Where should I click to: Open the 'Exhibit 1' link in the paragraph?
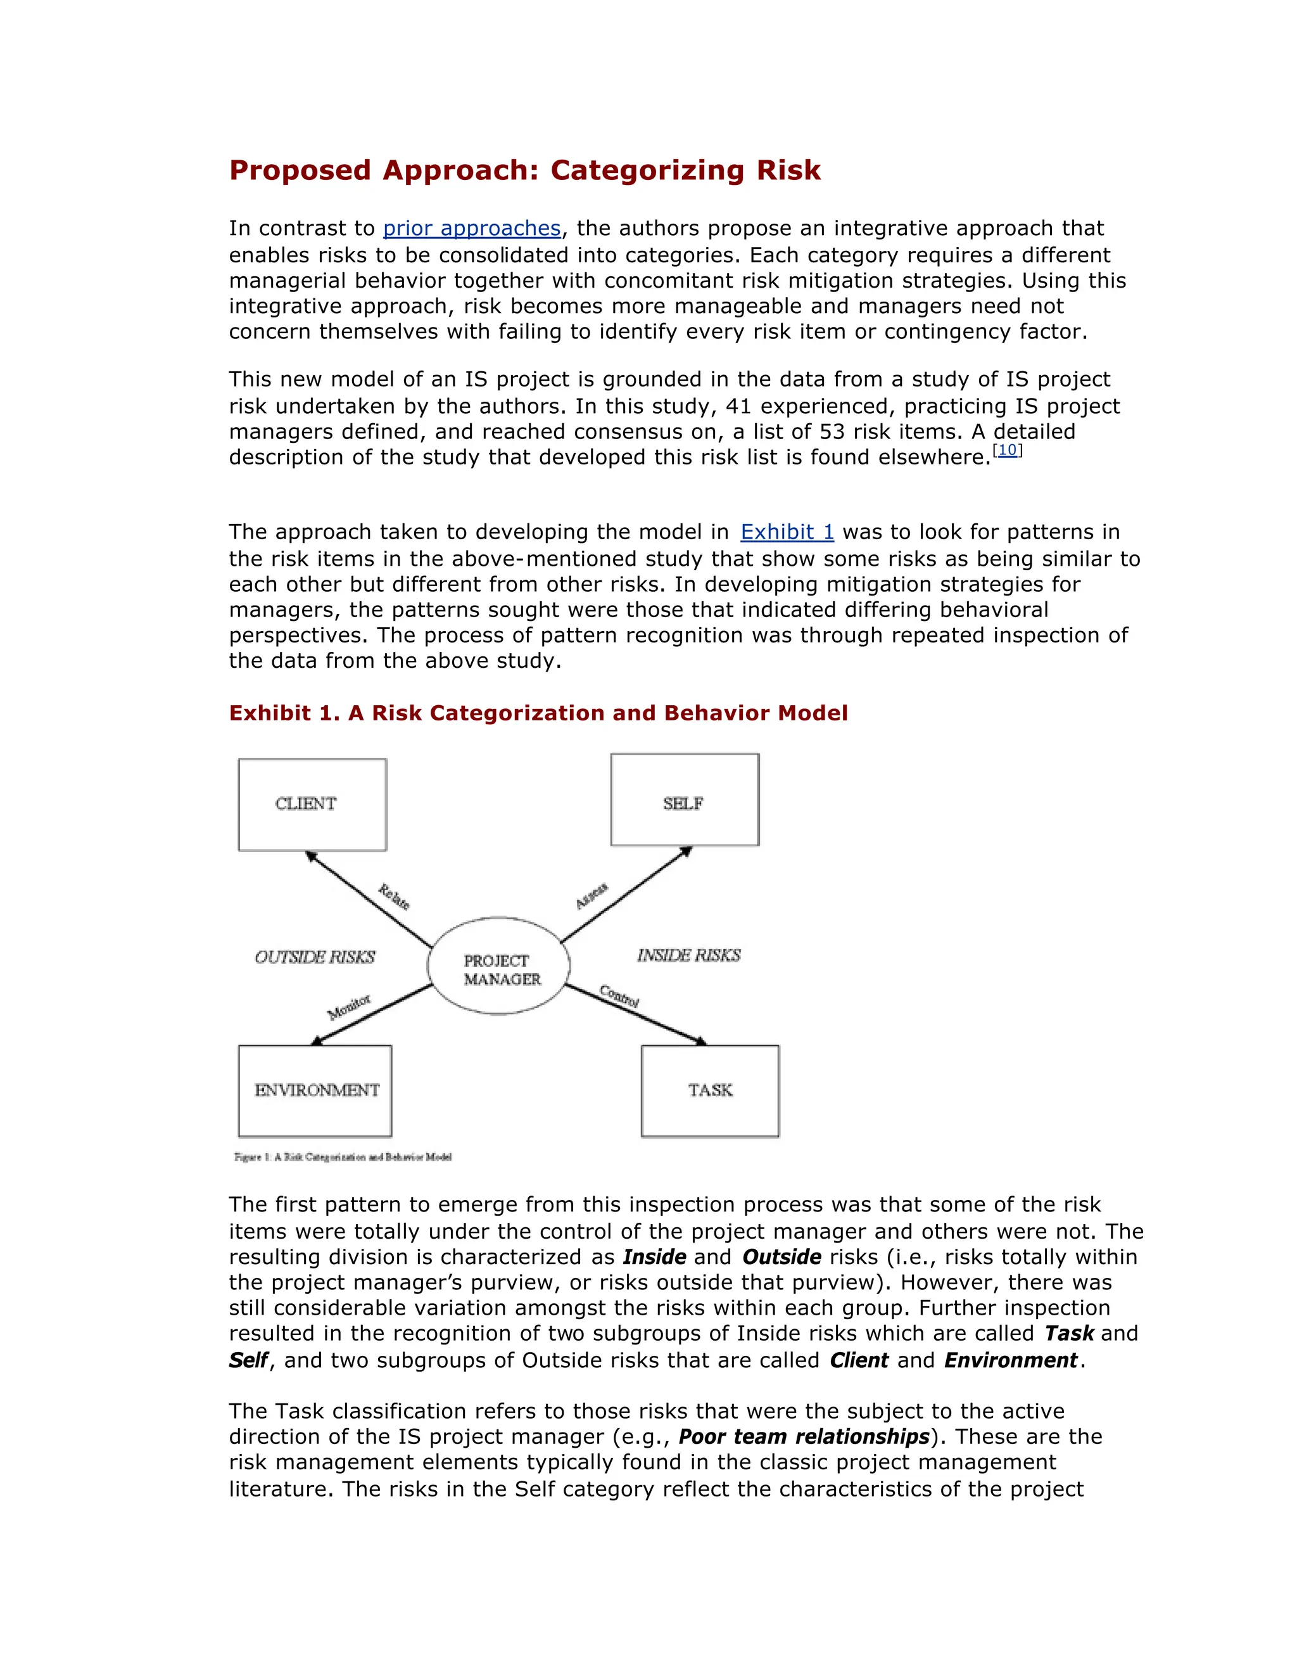tap(787, 532)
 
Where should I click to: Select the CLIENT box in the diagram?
tap(312, 804)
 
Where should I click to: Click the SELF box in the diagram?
tap(685, 800)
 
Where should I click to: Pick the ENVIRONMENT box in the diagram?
tap(315, 1090)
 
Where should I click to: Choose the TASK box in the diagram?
tap(710, 1090)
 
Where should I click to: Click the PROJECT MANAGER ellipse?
tap(500, 966)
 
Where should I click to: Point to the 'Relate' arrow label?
tap(394, 897)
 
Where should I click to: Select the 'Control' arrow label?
tap(619, 997)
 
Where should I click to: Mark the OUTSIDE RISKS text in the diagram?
tap(314, 957)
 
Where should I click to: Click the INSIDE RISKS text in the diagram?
tap(688, 955)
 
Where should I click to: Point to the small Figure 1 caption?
tap(343, 1157)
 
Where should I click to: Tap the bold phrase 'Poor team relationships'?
tap(804, 1437)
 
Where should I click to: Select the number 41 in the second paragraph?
tap(738, 406)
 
